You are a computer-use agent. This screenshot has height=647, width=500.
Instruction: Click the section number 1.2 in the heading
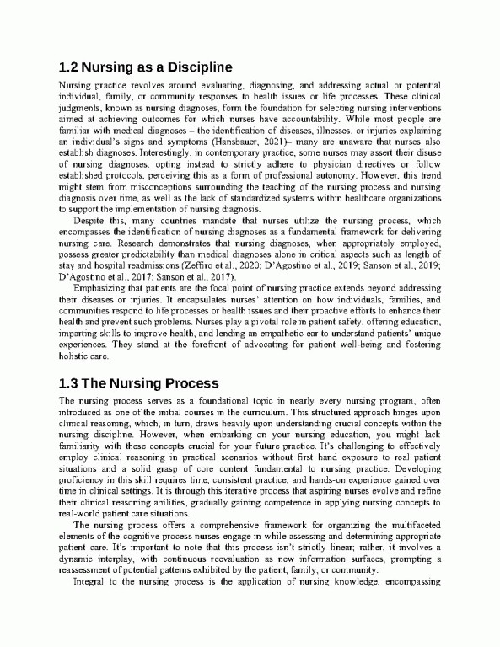69,67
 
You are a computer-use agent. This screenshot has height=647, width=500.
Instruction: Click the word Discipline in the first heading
196,67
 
